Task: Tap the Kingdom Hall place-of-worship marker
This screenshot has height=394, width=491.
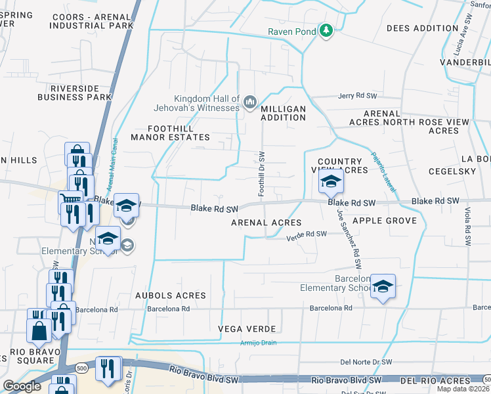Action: tap(249, 102)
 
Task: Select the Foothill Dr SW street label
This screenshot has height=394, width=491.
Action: tap(262, 174)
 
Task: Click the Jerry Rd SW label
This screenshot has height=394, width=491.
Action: tap(356, 96)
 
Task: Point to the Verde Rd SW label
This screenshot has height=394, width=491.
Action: tap(307, 234)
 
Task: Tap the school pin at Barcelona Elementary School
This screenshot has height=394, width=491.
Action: tap(383, 287)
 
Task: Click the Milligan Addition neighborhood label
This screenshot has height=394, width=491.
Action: tap(284, 113)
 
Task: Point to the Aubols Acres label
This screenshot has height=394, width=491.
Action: tap(171, 296)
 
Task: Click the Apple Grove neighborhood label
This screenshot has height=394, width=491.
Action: tap(385, 221)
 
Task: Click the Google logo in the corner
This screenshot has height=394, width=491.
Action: tap(22, 386)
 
